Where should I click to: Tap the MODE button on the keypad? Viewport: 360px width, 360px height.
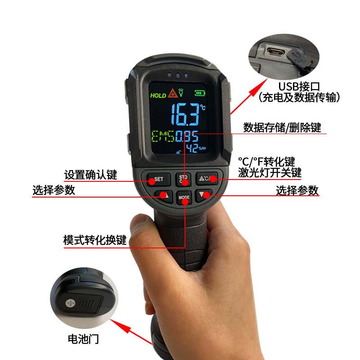(x=184, y=198)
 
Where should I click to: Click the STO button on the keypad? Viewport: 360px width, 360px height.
(x=183, y=179)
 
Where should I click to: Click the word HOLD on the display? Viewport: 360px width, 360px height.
(x=158, y=95)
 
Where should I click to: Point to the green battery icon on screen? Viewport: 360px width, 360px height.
(x=200, y=93)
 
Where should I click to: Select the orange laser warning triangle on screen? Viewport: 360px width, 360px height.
(x=173, y=93)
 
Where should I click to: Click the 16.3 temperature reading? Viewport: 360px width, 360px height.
(x=185, y=114)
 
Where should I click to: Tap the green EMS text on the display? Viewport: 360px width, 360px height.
(x=163, y=136)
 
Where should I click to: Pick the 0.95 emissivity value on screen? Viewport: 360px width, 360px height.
(x=187, y=136)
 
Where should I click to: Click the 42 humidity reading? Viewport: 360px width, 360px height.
(x=192, y=148)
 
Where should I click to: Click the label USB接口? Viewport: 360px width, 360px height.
(x=299, y=86)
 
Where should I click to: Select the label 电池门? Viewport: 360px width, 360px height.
(x=83, y=339)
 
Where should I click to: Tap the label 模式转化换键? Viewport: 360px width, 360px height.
(x=95, y=240)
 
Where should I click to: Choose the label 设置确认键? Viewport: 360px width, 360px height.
(x=91, y=175)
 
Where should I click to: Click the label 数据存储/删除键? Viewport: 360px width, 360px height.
(x=282, y=128)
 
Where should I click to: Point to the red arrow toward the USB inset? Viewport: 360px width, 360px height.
(x=249, y=96)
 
